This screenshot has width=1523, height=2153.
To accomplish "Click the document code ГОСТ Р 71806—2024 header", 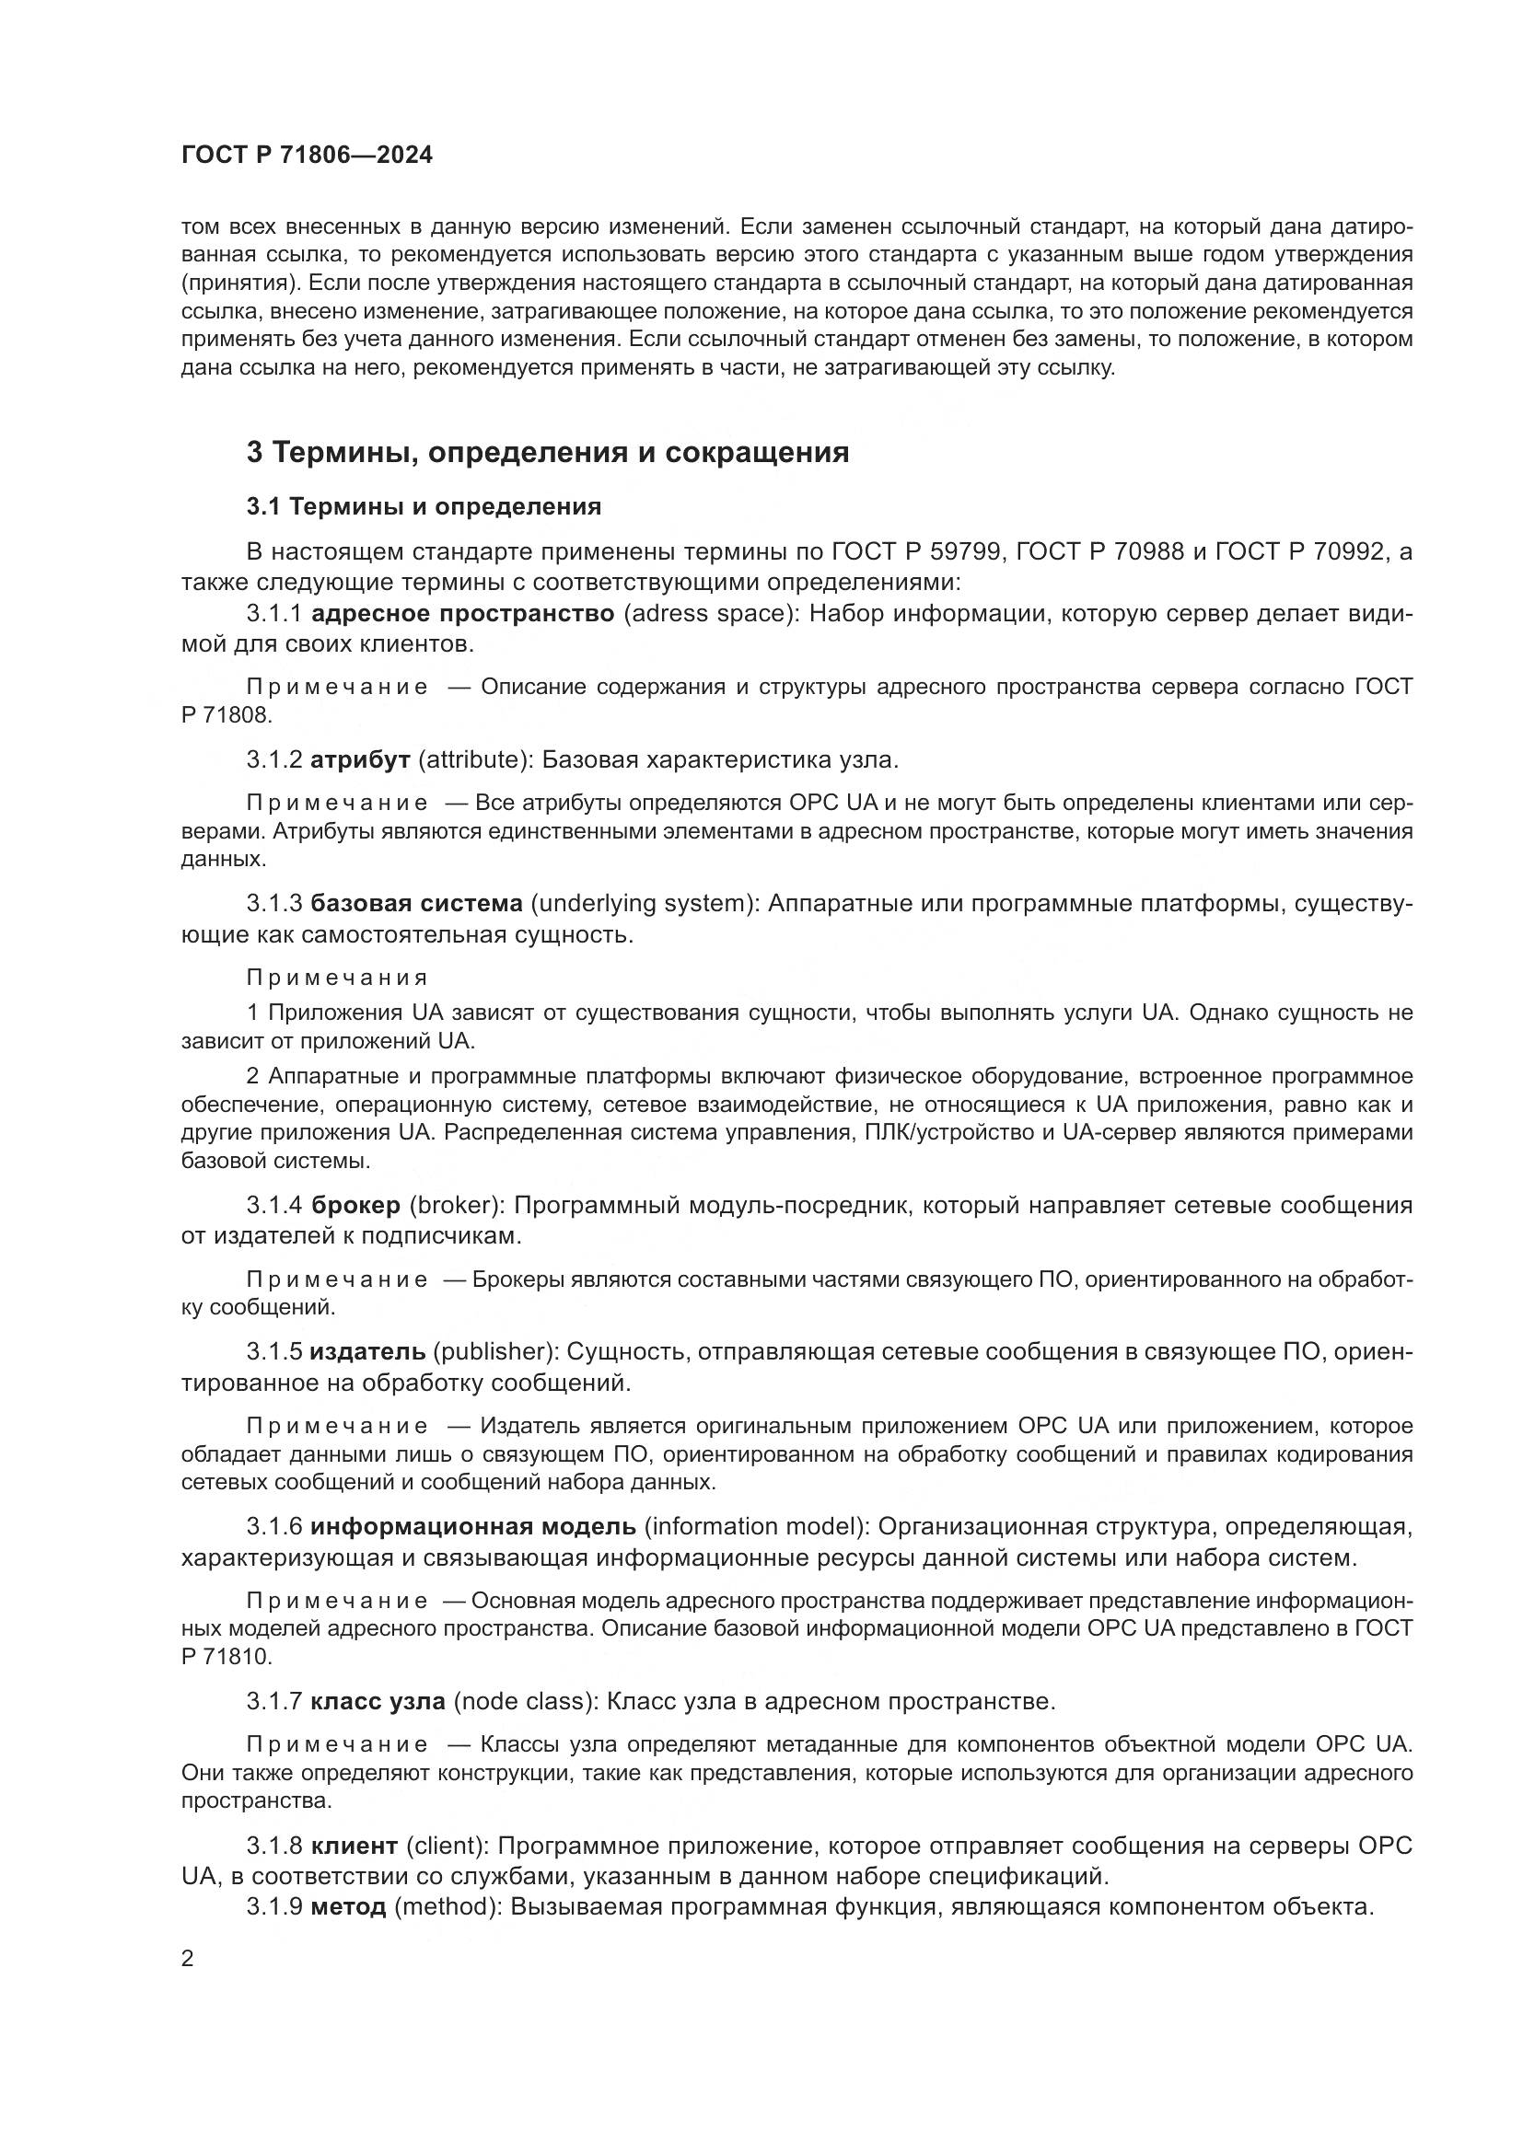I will click(307, 156).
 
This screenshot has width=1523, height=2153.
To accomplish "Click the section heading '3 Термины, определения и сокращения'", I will click(548, 453).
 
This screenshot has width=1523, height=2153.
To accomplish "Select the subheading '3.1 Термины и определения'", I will click(423, 507).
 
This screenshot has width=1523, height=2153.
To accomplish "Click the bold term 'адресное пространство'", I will click(462, 614).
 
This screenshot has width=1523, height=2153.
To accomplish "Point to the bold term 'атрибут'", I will click(360, 759).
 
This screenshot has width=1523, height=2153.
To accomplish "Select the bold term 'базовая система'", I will click(416, 904).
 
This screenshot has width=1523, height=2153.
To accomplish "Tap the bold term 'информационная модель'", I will click(472, 1526).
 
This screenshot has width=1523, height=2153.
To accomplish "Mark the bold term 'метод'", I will click(348, 1906).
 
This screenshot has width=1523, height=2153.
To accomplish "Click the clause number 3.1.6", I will click(273, 1526).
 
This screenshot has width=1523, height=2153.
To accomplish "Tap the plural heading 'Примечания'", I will click(337, 978).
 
